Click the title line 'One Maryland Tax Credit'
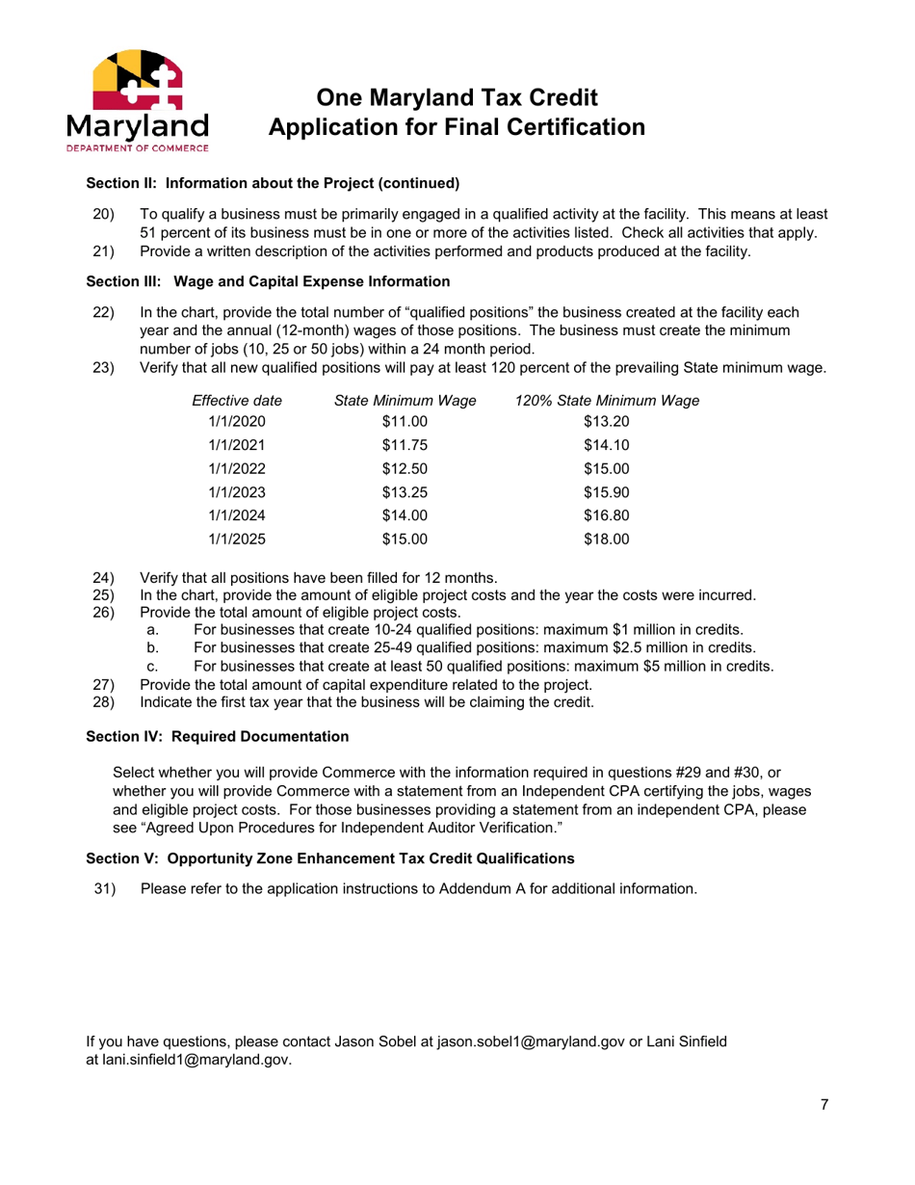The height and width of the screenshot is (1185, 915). pos(457,97)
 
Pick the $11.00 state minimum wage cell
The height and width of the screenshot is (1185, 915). pos(404,419)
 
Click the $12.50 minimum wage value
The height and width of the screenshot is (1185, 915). pos(404,469)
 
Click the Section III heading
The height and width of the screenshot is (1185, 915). pos(268,282)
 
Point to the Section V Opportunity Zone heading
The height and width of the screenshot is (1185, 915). pos(330,857)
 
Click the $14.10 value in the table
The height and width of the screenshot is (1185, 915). pos(606,444)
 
